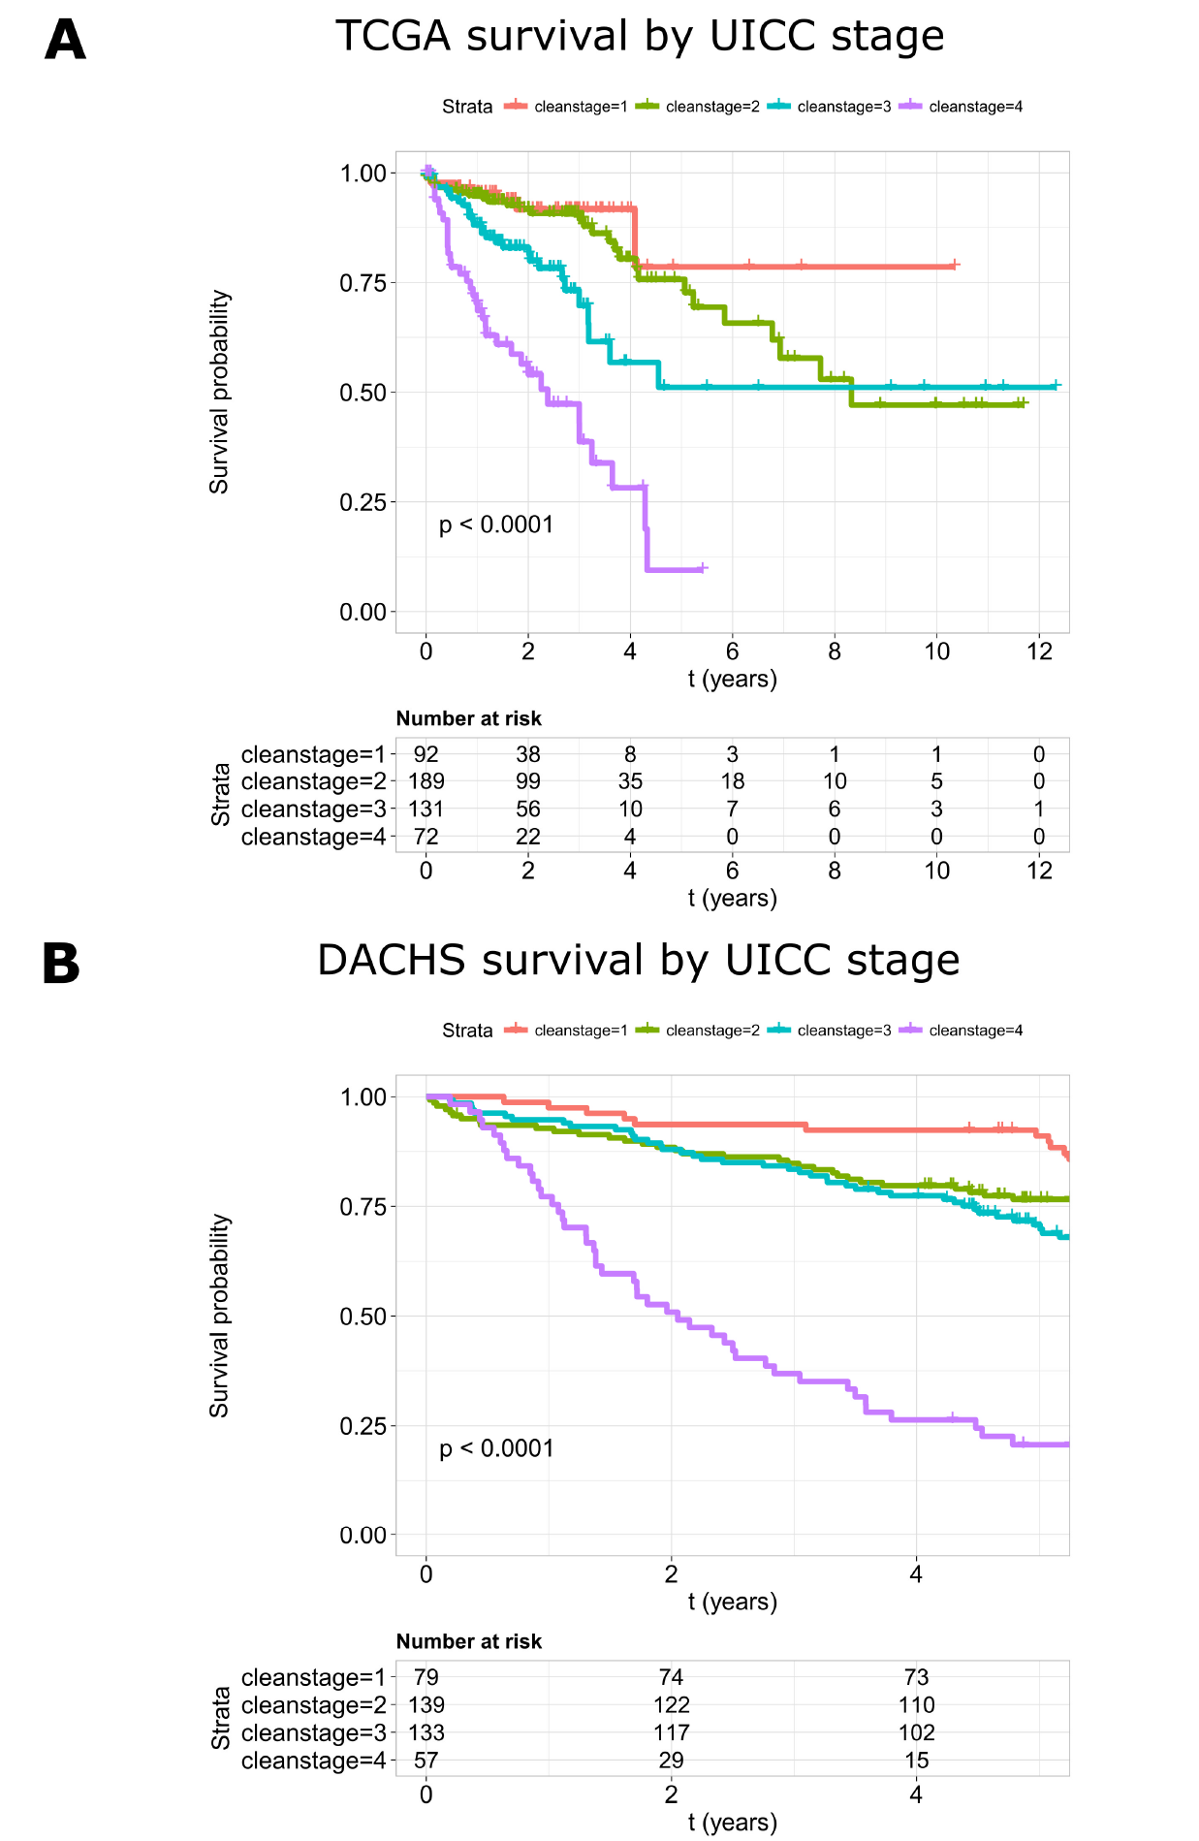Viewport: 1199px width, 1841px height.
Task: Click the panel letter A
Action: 65,41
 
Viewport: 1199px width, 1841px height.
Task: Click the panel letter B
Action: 61,965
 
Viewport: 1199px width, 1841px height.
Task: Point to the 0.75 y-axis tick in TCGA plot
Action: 363,283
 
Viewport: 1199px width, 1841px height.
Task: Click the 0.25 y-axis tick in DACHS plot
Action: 363,1426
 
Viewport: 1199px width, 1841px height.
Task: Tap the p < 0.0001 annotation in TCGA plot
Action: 496,524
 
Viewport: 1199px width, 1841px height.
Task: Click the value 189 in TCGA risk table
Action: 426,781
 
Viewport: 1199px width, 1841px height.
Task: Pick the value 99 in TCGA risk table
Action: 528,781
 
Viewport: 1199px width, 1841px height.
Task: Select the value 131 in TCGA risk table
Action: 426,809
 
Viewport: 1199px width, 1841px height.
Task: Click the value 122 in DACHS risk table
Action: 671,1705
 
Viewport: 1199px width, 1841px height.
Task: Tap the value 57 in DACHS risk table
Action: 426,1761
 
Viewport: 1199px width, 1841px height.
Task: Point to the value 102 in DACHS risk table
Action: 916,1733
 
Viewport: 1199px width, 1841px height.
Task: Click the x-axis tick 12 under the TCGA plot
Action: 1039,651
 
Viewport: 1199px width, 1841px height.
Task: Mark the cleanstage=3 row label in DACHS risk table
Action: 313,1733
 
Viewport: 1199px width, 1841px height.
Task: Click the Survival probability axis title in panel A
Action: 220,392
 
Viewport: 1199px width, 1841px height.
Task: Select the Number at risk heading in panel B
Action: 468,1641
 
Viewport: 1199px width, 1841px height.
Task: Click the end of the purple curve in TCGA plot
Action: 705,568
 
